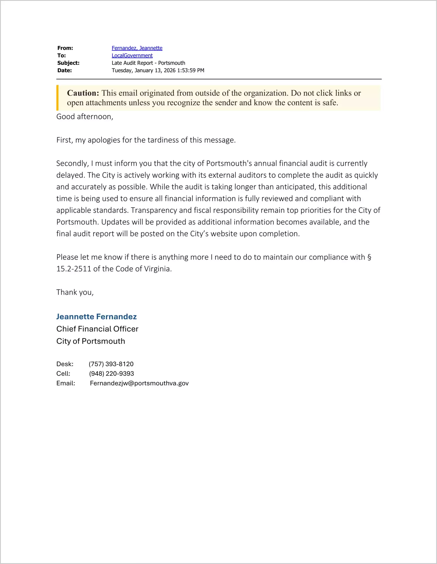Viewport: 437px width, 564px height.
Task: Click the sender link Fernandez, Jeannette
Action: point(137,48)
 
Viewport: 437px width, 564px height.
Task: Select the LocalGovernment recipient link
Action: point(132,55)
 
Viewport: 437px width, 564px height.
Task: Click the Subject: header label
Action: point(68,63)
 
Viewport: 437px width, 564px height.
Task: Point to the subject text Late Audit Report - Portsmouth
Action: point(148,63)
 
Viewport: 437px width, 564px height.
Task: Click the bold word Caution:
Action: point(83,93)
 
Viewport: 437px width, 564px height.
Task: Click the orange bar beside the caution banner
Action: point(57,98)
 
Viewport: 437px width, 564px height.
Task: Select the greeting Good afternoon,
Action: point(85,117)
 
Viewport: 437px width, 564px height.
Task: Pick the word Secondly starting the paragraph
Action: point(72,163)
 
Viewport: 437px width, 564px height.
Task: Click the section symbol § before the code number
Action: point(369,257)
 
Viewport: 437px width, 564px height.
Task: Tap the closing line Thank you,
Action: point(75,292)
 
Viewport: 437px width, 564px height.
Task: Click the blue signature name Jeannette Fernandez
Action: point(97,317)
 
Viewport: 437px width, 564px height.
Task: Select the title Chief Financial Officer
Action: point(97,329)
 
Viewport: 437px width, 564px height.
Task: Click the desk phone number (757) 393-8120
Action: point(111,364)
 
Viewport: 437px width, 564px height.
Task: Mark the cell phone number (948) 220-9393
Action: point(111,374)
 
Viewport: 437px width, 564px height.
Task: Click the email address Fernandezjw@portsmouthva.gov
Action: point(139,383)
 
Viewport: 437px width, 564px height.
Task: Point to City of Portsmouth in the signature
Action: point(91,341)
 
